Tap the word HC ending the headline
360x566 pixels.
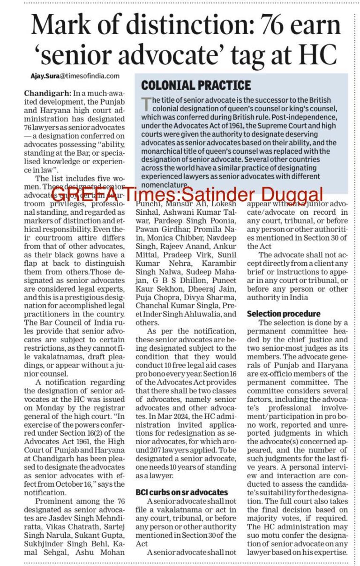pos(315,55)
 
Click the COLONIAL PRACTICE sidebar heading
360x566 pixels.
pos(196,85)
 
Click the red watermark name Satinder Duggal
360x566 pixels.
pos(265,194)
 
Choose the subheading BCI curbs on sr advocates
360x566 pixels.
pos(181,492)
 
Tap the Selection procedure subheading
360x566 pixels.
pos(284,314)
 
